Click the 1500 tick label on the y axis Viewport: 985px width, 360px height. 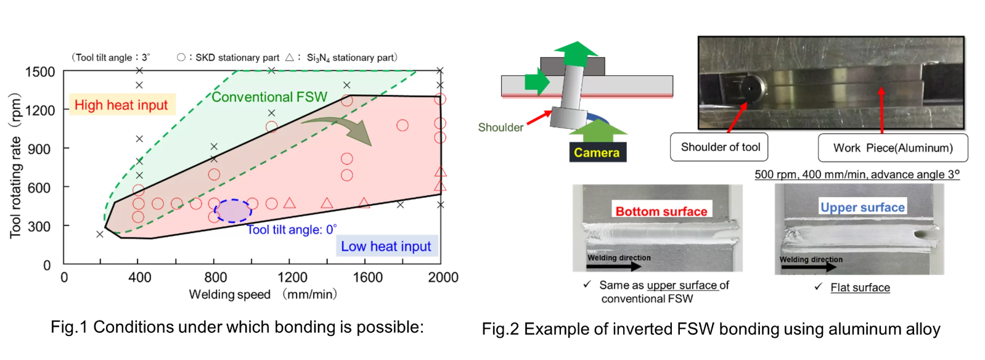point(40,72)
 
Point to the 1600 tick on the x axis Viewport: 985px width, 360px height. point(367,277)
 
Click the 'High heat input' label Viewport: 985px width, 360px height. point(121,105)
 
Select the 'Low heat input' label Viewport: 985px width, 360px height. point(386,247)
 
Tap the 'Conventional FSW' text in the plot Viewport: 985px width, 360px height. point(269,97)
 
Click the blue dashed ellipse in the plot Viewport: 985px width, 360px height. point(233,211)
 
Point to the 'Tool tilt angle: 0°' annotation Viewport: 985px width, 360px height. point(292,230)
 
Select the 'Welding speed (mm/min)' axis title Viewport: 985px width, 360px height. point(263,295)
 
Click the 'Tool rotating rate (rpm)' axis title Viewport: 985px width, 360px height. point(15,165)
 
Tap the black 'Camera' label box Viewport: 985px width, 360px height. point(597,152)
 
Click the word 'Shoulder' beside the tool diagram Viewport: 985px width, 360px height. point(501,128)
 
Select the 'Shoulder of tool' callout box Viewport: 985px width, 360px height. point(720,147)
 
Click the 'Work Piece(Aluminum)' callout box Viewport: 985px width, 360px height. point(893,148)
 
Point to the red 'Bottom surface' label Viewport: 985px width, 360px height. point(661,211)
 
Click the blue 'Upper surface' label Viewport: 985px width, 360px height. point(862,208)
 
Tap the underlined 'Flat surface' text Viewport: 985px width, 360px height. point(860,288)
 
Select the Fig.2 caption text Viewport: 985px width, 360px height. point(711,329)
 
